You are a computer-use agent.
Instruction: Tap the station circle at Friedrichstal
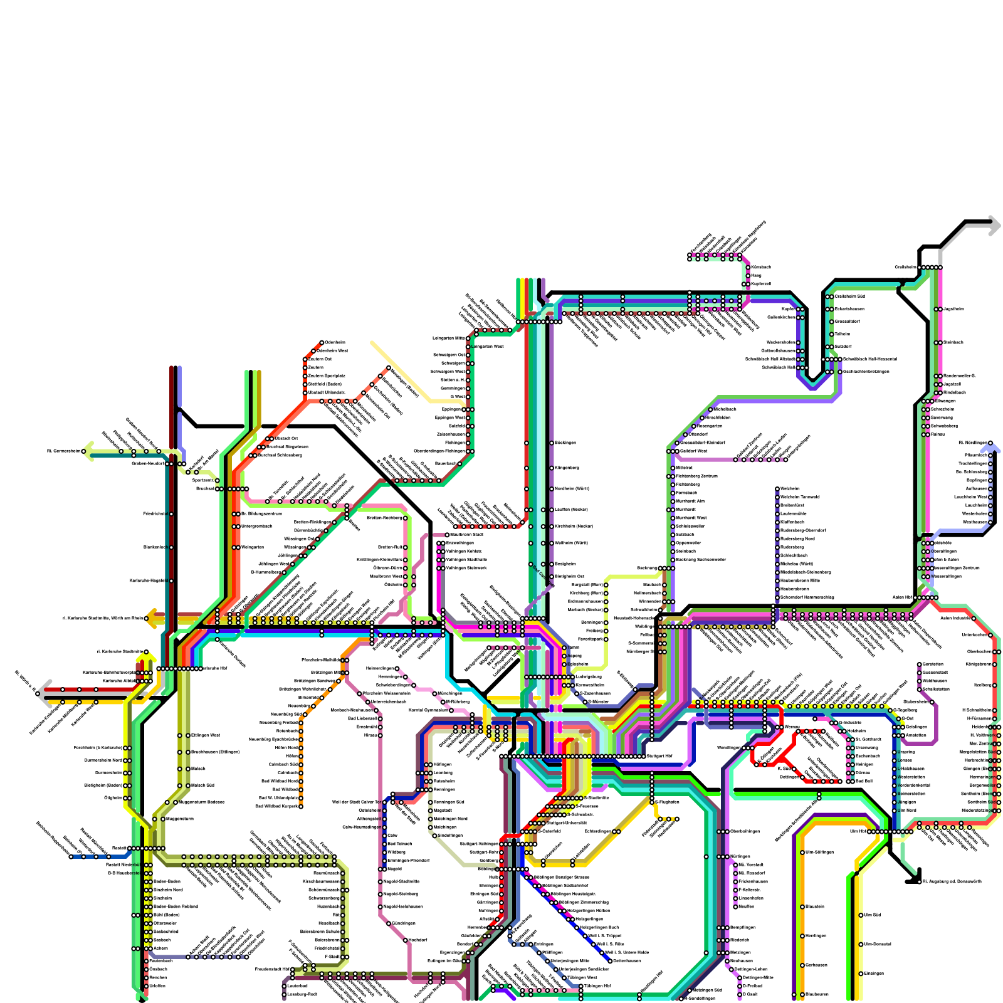[x=171, y=514]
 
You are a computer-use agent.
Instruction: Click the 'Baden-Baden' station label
[x=167, y=881]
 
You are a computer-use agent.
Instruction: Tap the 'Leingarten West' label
[x=487, y=346]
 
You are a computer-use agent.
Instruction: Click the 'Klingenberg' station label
[x=567, y=468]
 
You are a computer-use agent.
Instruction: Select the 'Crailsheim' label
[x=905, y=267]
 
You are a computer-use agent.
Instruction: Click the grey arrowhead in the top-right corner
[x=994, y=226]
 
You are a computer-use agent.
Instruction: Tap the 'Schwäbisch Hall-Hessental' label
[x=869, y=359]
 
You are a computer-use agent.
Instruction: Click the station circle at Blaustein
[x=802, y=906]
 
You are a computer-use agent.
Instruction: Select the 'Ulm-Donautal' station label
[x=878, y=944]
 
